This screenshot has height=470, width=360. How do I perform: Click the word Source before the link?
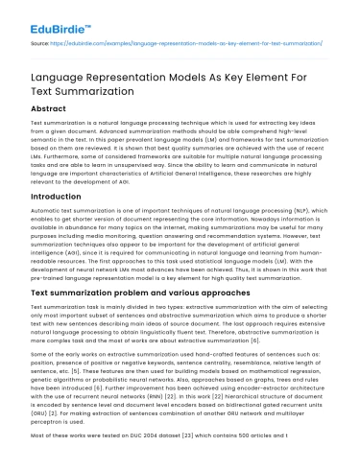tap(41, 45)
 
